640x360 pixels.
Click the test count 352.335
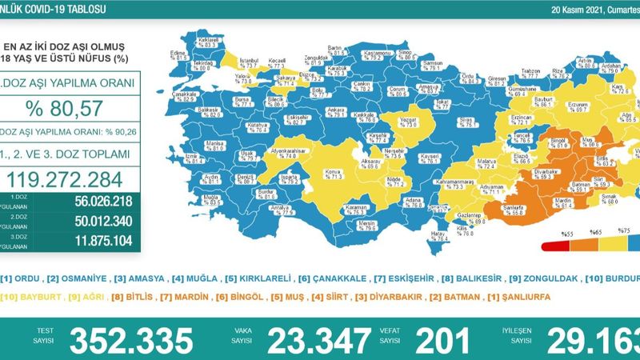[131, 340]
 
